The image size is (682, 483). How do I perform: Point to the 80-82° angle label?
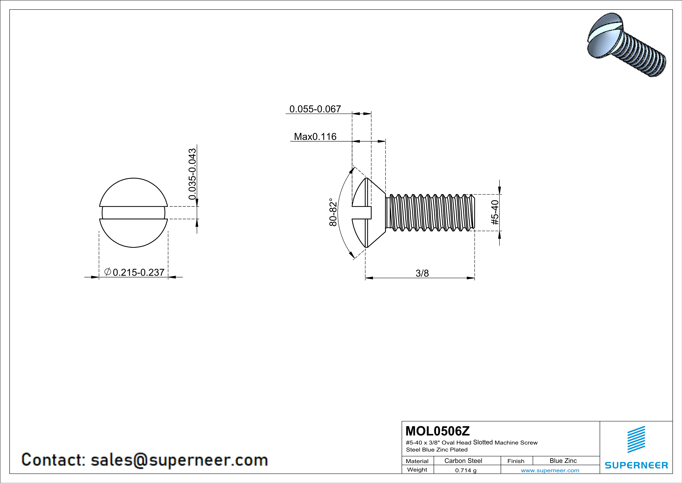point(333,212)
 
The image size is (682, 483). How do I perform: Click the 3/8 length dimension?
point(422,273)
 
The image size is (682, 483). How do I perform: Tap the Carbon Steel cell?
point(463,461)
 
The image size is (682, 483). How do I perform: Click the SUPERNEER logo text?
point(636,465)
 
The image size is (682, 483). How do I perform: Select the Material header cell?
point(417,461)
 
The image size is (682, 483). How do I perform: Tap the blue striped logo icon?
point(636,440)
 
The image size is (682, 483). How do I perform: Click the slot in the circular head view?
point(133,213)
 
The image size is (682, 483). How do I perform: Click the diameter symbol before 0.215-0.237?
point(108,271)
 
